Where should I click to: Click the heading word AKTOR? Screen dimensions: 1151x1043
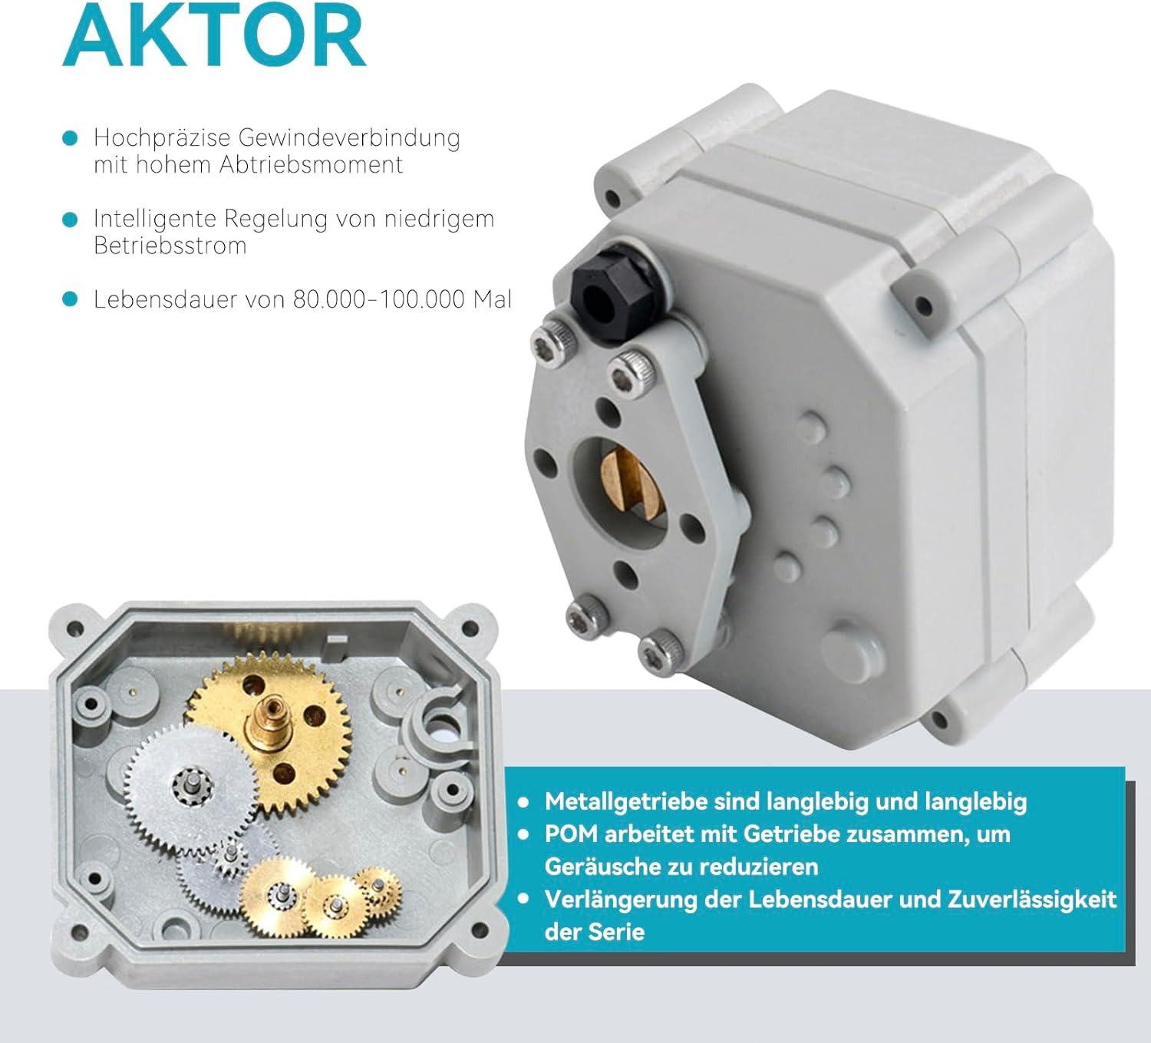tap(214, 36)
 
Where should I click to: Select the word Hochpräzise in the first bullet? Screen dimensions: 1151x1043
tap(163, 138)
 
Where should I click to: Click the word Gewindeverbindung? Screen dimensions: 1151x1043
tap(349, 138)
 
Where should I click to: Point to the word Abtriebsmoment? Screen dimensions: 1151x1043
tap(311, 165)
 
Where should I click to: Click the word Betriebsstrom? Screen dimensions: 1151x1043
tap(170, 246)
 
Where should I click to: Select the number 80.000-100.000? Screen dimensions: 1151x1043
tap(379, 299)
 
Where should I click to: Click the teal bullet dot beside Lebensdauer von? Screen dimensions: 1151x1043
tap(70, 299)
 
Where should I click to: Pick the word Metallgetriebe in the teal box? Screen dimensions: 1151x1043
tap(626, 802)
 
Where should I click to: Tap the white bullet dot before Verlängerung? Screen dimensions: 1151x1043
tap(523, 899)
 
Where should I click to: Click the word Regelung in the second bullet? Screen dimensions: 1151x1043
tap(275, 219)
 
